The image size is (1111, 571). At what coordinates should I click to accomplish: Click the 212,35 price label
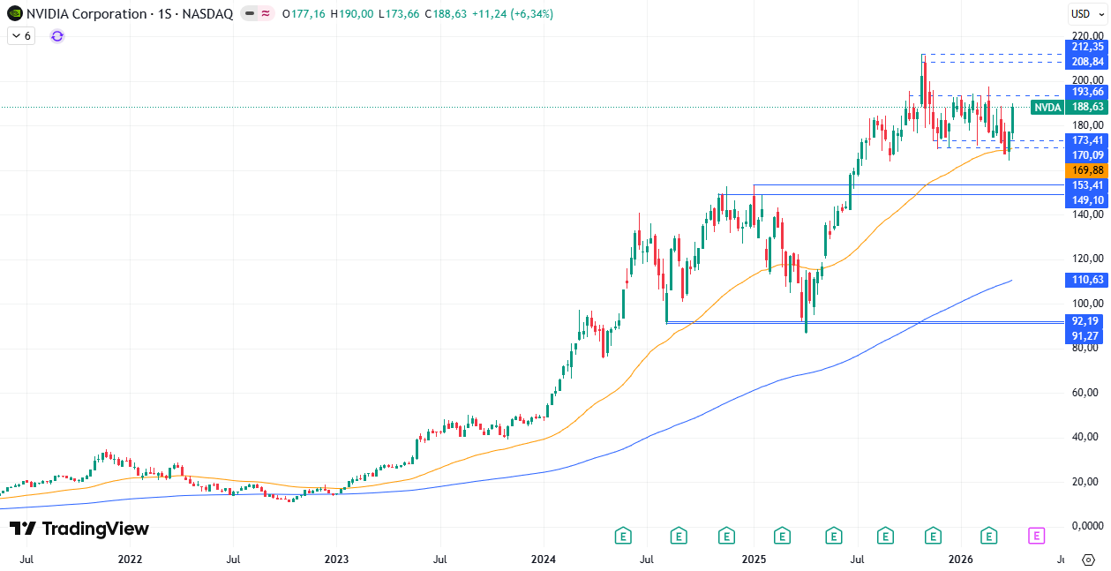coord(1086,46)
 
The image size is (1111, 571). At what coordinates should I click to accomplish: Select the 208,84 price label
coord(1086,62)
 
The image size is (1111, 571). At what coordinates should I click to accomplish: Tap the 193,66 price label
coord(1086,92)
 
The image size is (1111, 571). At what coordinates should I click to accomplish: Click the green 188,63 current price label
coord(1086,107)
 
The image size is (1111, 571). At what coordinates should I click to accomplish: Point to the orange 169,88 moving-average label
coord(1086,169)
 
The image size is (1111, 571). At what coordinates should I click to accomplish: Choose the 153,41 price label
coord(1086,184)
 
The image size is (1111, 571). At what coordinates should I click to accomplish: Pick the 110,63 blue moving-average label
coord(1086,280)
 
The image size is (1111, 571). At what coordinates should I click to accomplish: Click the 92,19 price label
coord(1086,321)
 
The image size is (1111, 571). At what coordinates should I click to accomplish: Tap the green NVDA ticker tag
coord(1047,107)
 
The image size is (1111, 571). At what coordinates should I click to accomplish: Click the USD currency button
coord(1081,13)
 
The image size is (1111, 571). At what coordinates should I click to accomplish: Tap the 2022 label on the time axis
coord(130,560)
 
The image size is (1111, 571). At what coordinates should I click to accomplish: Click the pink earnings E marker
coord(1037,535)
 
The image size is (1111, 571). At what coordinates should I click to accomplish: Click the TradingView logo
coord(79,529)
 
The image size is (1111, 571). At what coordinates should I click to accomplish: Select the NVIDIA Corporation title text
coord(86,14)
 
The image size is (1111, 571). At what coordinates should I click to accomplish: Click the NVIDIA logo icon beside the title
coord(15,14)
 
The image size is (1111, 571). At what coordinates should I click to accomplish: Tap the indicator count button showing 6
coord(21,35)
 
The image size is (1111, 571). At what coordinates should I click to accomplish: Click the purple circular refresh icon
coord(57,35)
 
